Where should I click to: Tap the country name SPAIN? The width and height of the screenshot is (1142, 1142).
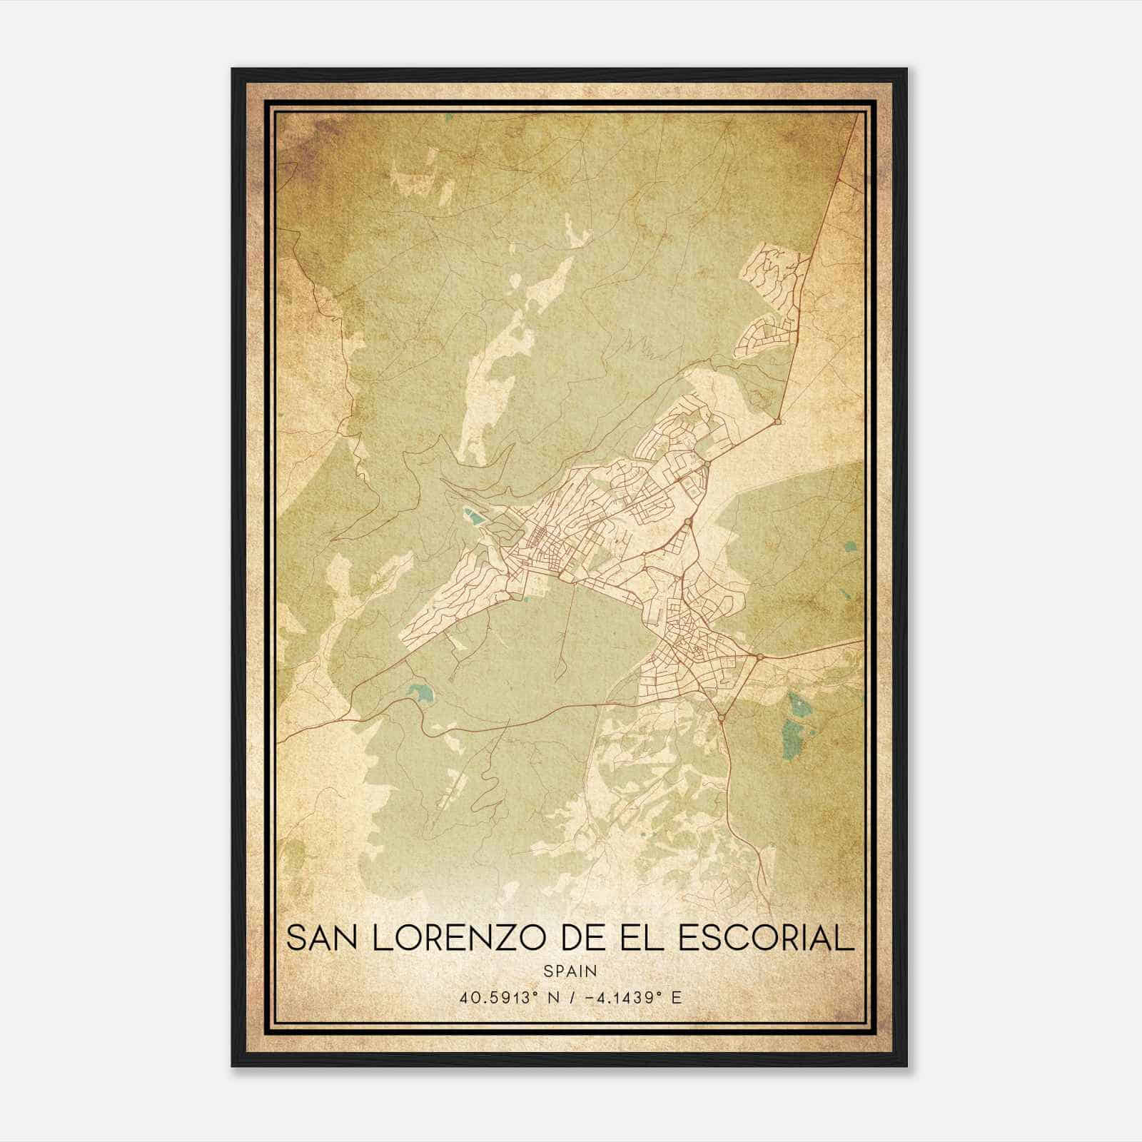click(x=570, y=971)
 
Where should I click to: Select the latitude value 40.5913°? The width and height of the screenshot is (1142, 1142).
click(x=497, y=997)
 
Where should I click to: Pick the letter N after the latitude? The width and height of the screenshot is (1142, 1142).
click(x=551, y=997)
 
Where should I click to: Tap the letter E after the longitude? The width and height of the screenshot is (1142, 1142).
click(x=676, y=997)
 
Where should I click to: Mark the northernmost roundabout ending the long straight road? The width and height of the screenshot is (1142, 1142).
click(x=778, y=423)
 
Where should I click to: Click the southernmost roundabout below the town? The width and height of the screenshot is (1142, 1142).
click(x=722, y=717)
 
